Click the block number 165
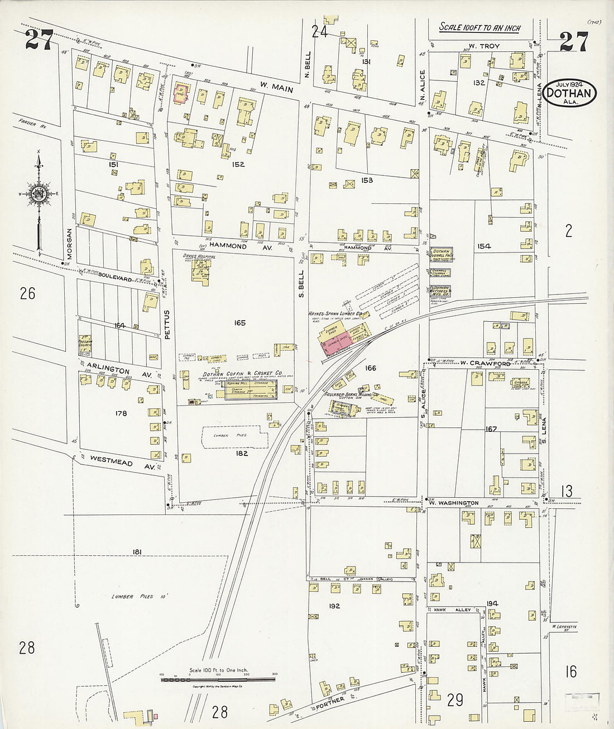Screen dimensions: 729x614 pyautogui.click(x=240, y=322)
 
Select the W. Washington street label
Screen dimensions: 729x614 pyautogui.click(x=454, y=503)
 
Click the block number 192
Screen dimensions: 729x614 pyautogui.click(x=334, y=606)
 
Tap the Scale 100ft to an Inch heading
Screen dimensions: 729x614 pyautogui.click(x=479, y=27)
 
